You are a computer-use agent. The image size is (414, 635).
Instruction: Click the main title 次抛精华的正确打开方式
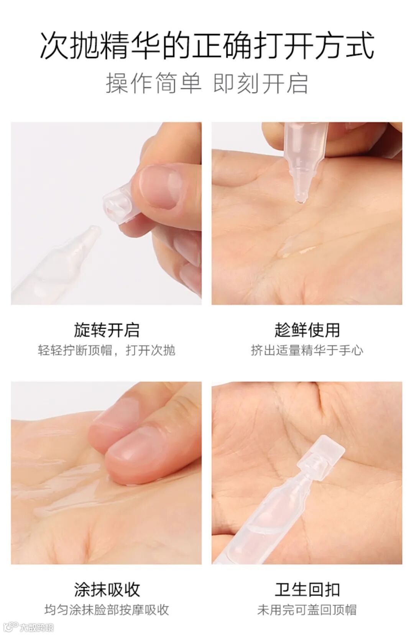tap(207, 46)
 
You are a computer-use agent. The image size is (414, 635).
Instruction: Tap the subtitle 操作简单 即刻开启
tap(207, 84)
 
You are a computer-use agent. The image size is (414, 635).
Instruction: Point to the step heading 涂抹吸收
tap(107, 589)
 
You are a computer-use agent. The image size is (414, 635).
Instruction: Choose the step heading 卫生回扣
tap(307, 589)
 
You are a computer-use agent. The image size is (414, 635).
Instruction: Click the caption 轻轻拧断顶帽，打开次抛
tap(107, 350)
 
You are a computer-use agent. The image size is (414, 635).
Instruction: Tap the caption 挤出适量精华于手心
tap(307, 350)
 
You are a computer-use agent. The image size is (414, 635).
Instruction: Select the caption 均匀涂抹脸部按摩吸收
tap(107, 610)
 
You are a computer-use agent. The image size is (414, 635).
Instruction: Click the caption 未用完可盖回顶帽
tap(307, 610)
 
